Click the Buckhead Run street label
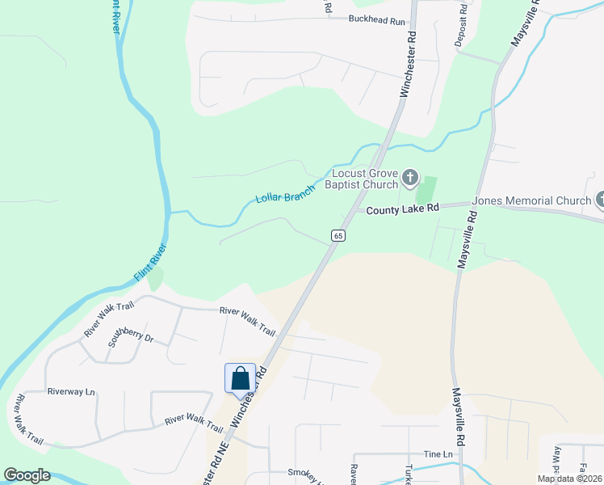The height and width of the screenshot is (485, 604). point(376,20)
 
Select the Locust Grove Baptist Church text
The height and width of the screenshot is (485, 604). point(361,179)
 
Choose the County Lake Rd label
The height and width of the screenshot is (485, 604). point(402,209)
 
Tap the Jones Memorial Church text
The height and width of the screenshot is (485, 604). point(532,200)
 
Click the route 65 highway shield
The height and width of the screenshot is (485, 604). point(338,235)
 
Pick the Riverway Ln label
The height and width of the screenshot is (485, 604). point(71,391)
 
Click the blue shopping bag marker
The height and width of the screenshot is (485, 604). point(240,378)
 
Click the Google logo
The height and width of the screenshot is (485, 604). point(27,475)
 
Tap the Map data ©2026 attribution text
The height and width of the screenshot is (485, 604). point(569,479)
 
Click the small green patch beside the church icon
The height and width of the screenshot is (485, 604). point(426,191)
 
